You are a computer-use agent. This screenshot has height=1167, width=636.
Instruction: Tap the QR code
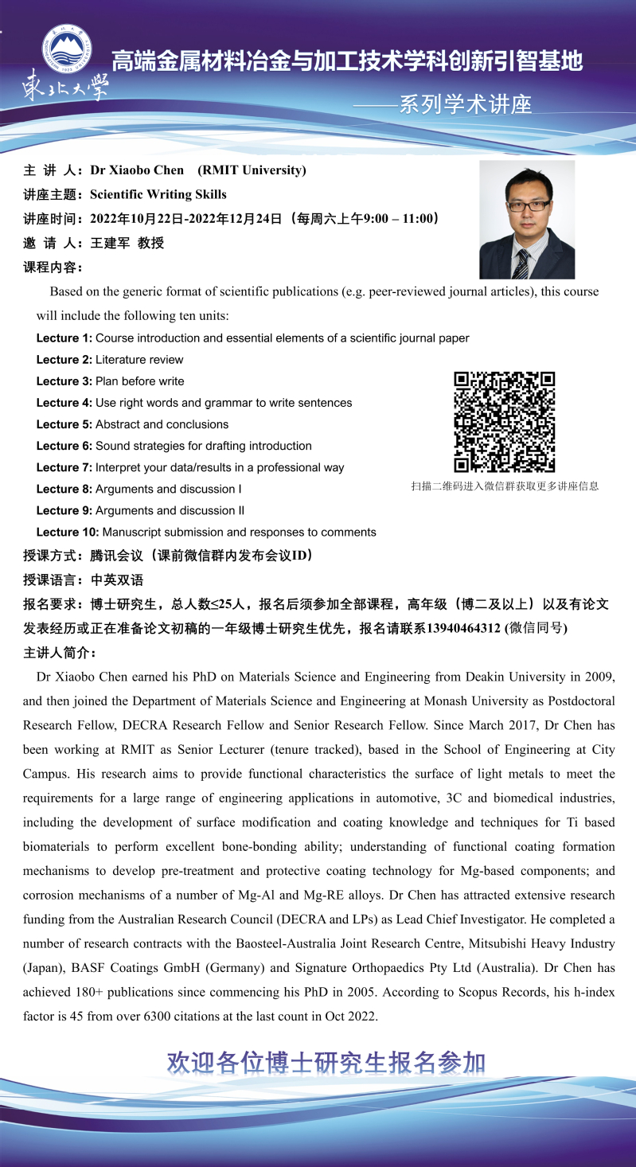[x=504, y=422]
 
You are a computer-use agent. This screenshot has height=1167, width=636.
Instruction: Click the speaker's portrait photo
[x=526, y=220]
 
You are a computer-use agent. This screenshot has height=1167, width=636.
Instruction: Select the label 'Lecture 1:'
[x=64, y=338]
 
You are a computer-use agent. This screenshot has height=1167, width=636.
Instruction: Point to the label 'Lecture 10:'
[x=68, y=532]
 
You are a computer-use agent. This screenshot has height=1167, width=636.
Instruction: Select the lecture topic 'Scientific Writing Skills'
[x=158, y=194]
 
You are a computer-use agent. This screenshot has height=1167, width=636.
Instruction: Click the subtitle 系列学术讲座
[x=465, y=104]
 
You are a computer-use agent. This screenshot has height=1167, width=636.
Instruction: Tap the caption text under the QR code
[x=505, y=486]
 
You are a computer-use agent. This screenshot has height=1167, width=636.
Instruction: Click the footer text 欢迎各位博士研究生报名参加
[x=326, y=1063]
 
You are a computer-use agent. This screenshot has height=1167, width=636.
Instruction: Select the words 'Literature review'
[x=139, y=360]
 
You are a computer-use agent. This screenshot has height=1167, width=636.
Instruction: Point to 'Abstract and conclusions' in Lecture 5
[x=162, y=424]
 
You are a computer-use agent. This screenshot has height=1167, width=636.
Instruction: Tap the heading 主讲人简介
[x=60, y=654]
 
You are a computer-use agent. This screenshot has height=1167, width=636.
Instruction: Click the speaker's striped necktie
[x=522, y=263]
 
